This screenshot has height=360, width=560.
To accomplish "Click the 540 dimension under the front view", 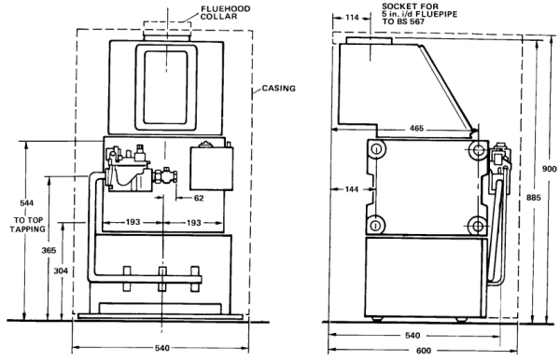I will pyautogui.click(x=163, y=350).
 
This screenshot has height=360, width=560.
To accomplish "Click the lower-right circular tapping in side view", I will pyautogui.click(x=478, y=224).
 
